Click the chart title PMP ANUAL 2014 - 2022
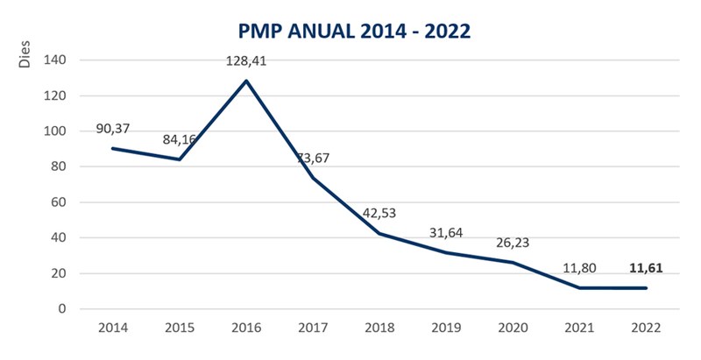[x=354, y=31]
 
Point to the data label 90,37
[x=114, y=130]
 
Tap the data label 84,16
[x=180, y=141]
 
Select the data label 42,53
[x=379, y=215]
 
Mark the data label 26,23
[x=513, y=244]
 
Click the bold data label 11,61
[x=646, y=269]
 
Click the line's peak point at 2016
[x=246, y=81]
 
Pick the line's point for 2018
[x=379, y=233]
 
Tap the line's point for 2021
[x=579, y=287]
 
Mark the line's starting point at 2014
[x=113, y=148]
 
